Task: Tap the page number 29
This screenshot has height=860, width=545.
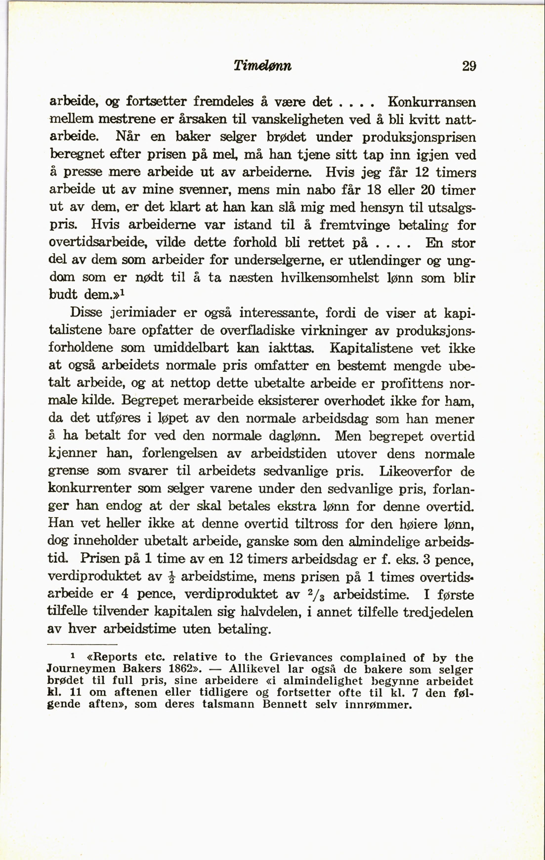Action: click(x=469, y=66)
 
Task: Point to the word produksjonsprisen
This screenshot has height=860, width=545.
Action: click(x=419, y=137)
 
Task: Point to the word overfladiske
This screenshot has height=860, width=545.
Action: click(x=257, y=330)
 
